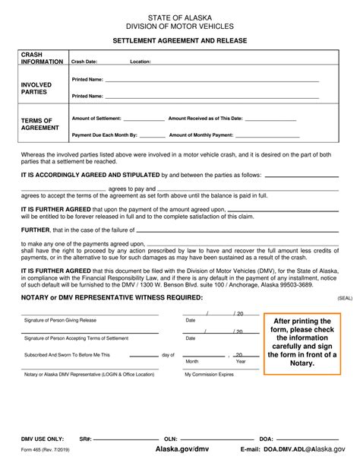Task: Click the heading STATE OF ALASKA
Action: tap(180, 15)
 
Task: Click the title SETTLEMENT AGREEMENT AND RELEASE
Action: tap(180, 39)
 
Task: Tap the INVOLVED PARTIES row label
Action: tap(36, 88)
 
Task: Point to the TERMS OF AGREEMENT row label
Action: tap(36, 124)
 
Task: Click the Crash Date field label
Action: tap(84, 62)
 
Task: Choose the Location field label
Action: tap(141, 62)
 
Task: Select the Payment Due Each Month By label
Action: tap(104, 135)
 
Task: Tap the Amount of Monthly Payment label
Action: tap(201, 135)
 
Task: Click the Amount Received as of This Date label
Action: tap(205, 119)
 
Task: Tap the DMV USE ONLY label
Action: tap(39, 439)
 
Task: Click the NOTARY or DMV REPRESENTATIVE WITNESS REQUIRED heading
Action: tap(112, 297)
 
